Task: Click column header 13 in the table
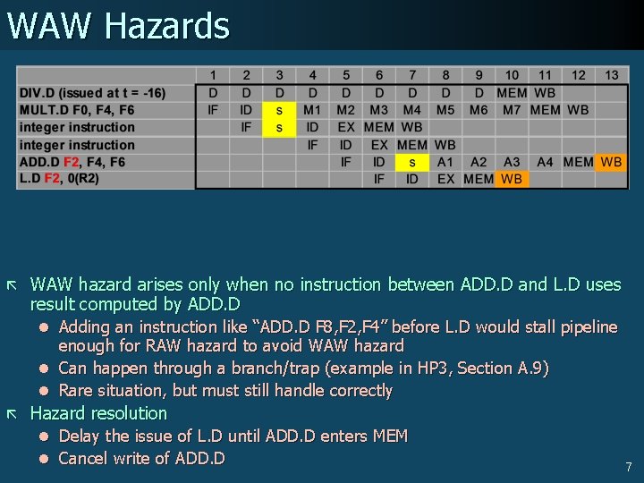pyautogui.click(x=612, y=75)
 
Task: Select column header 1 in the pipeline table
pyautogui.click(x=213, y=75)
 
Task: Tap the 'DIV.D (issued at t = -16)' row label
pyautogui.click(x=92, y=93)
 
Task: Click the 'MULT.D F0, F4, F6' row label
pyautogui.click(x=77, y=110)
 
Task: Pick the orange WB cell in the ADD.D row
pyautogui.click(x=612, y=162)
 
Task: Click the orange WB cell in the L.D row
pyautogui.click(x=512, y=179)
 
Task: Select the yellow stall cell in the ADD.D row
pyautogui.click(x=411, y=162)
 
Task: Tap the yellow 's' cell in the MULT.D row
pyautogui.click(x=279, y=110)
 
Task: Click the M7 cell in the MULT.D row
pyautogui.click(x=512, y=110)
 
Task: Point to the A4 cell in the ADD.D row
pyautogui.click(x=545, y=162)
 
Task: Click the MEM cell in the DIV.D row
pyautogui.click(x=512, y=93)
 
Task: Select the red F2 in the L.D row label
pyautogui.click(x=51, y=179)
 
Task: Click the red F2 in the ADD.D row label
pyautogui.click(x=72, y=162)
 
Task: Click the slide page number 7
pyautogui.click(x=629, y=467)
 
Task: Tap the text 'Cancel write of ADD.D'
pyautogui.click(x=141, y=459)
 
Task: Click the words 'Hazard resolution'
pyautogui.click(x=98, y=413)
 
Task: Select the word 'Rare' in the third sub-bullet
pyautogui.click(x=76, y=391)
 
